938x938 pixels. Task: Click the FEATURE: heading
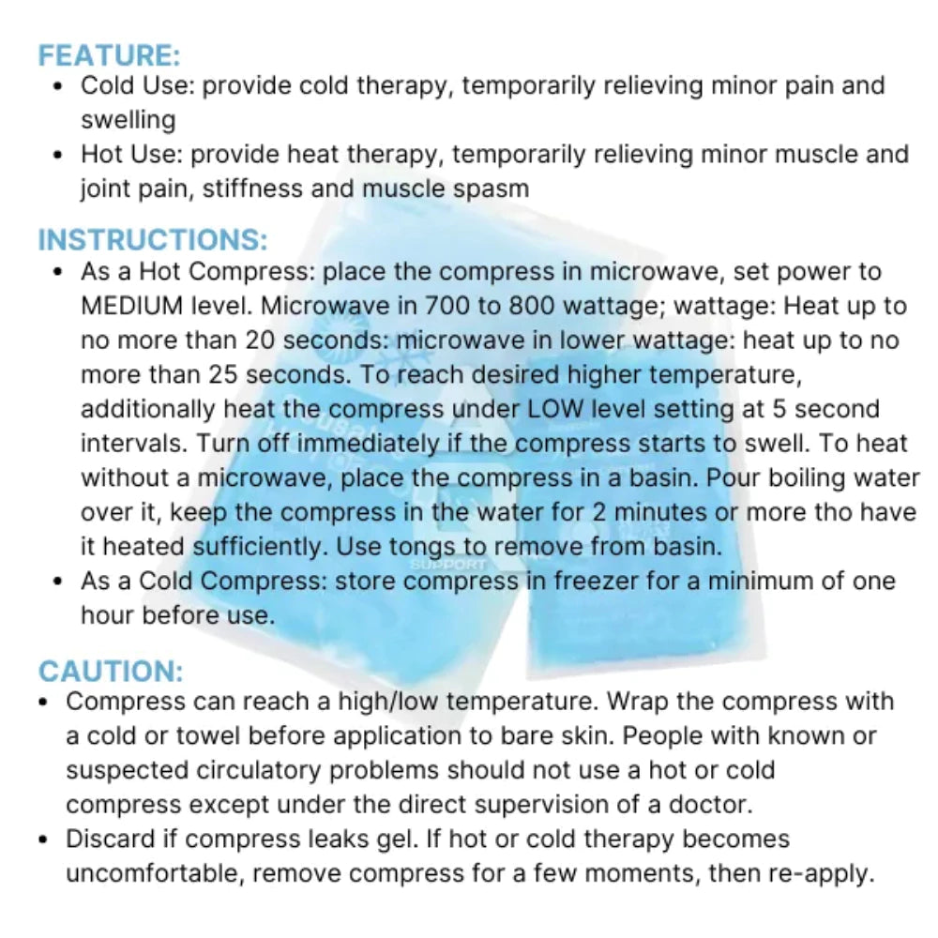click(110, 54)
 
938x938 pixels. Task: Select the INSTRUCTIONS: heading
click(153, 240)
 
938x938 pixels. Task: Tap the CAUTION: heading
click(111, 672)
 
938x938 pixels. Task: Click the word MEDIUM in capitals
click(131, 307)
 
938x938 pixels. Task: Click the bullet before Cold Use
click(59, 86)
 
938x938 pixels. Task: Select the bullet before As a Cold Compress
click(59, 582)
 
